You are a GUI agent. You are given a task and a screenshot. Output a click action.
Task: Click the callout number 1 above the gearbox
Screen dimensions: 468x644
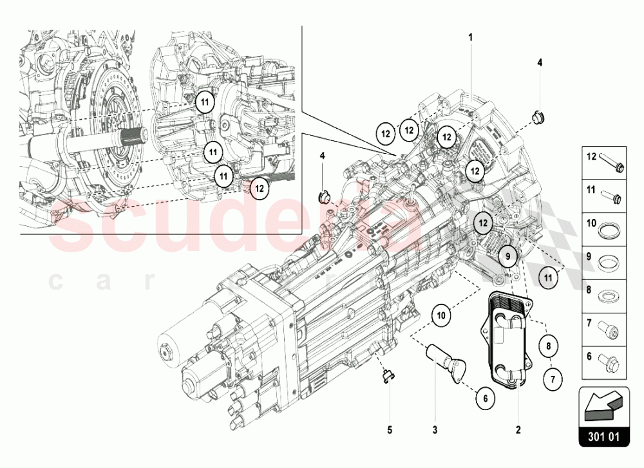click(470, 37)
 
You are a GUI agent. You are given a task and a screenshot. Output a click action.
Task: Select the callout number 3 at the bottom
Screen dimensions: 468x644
click(435, 429)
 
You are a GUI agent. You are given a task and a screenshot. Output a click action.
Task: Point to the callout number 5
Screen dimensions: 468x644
click(389, 429)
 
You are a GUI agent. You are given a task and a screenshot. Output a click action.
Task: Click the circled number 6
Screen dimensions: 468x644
click(486, 398)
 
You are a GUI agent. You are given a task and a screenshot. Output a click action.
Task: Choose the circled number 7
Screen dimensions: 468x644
click(552, 379)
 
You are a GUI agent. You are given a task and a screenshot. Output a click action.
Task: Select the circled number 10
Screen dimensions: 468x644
click(442, 315)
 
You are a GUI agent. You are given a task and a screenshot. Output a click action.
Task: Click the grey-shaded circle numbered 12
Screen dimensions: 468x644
click(483, 223)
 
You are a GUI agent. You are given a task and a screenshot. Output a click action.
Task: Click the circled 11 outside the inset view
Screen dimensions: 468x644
click(548, 277)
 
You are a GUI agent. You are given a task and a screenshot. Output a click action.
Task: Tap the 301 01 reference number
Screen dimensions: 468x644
click(603, 436)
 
